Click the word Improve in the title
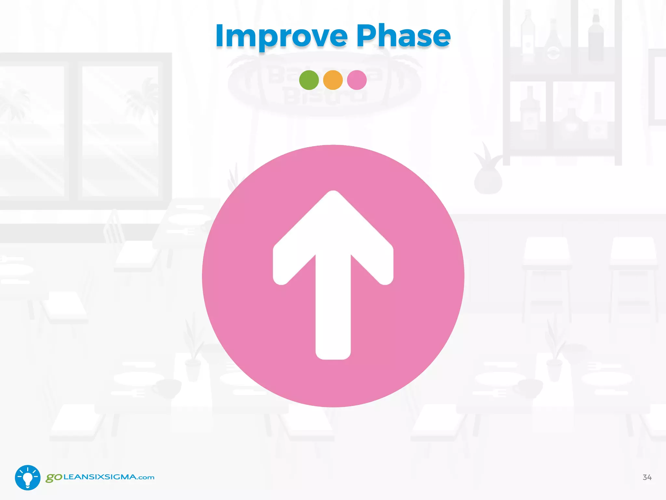tap(281, 36)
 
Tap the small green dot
tap(309, 80)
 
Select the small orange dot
tap(333, 80)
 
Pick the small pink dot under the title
tap(357, 80)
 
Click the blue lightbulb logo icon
tap(28, 477)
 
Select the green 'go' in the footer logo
tap(54, 478)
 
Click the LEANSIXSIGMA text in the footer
tap(100, 477)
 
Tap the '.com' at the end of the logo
tap(146, 478)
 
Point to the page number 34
tap(647, 477)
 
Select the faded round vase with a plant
tap(488, 181)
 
